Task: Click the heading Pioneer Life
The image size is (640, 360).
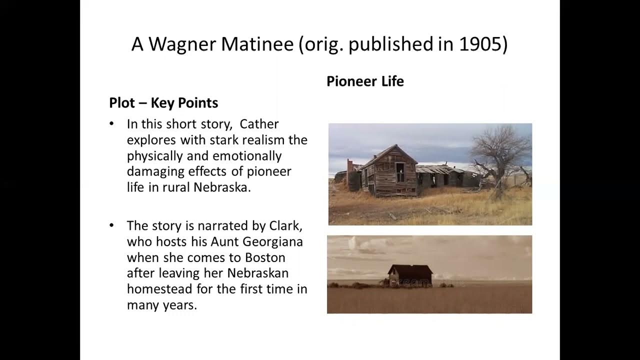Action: (365, 81)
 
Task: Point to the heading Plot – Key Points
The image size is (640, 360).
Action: (163, 103)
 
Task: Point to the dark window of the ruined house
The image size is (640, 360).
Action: (401, 172)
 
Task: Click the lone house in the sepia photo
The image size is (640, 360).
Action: (409, 275)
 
